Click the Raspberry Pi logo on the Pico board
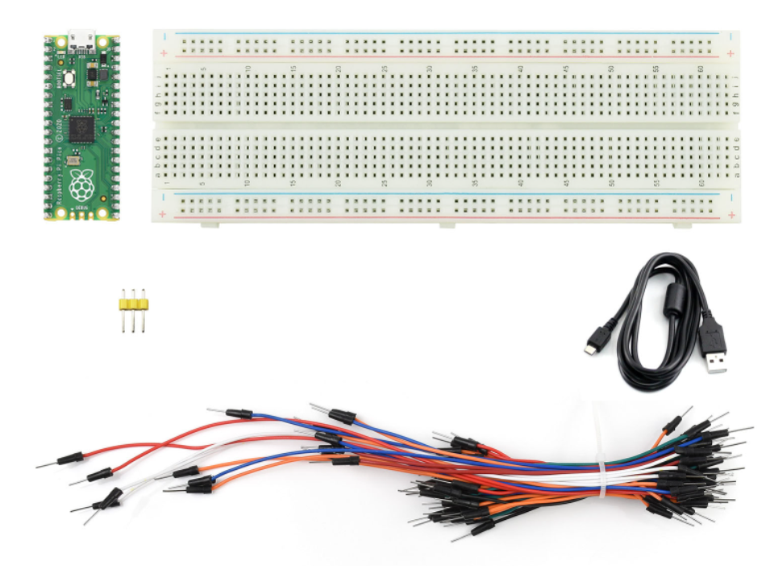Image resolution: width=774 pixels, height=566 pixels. click(81, 187)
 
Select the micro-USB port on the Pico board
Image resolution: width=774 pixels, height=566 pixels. click(81, 38)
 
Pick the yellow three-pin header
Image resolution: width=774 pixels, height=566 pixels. click(134, 304)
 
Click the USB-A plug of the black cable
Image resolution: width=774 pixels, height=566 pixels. click(715, 349)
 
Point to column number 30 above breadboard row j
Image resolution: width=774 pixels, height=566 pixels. click(430, 69)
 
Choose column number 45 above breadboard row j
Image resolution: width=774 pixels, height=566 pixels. click(566, 69)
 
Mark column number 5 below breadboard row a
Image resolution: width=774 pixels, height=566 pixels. click(202, 183)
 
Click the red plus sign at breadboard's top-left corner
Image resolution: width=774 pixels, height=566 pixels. click(164, 53)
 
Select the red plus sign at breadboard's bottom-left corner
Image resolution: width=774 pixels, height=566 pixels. click(164, 214)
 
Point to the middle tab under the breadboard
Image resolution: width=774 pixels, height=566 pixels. click(447, 224)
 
